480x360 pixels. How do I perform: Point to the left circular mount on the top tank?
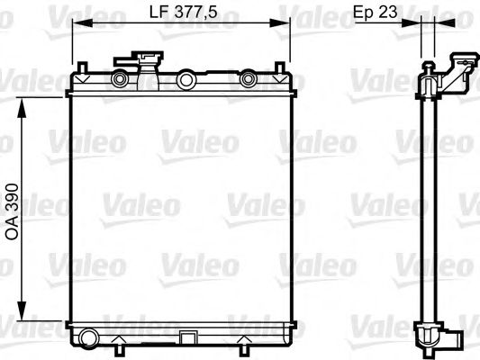117,81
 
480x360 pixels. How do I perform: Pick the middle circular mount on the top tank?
186,81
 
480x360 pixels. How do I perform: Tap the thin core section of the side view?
429,207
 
